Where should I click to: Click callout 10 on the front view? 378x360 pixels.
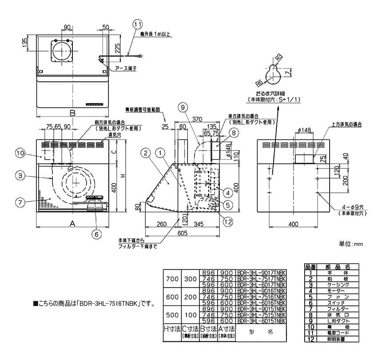tap(19, 153)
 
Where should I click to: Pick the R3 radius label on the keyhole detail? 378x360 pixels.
tap(279, 57)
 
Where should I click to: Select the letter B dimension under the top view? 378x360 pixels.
tap(73, 113)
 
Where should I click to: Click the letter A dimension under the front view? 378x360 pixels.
tap(72, 224)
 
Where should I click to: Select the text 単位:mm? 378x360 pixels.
tap(351, 244)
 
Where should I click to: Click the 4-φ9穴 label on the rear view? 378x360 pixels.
tap(340, 208)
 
